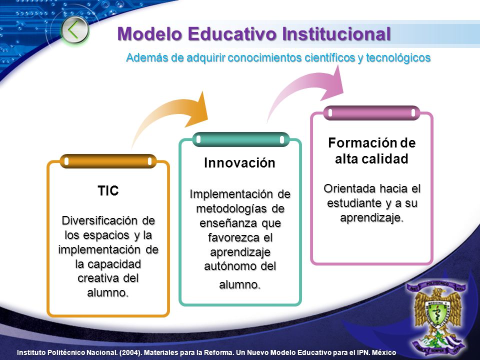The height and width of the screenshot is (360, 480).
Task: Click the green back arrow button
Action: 74,30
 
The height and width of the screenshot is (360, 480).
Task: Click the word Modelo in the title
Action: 149,33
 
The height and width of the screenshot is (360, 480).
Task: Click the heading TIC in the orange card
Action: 108,190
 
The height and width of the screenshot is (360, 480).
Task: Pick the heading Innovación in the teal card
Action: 239,163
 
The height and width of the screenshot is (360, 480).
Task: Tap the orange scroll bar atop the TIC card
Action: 108,161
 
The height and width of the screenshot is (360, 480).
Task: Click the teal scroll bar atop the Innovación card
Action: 240,139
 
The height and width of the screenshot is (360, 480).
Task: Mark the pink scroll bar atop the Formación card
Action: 371,113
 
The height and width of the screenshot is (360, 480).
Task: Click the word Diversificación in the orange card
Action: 100,220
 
